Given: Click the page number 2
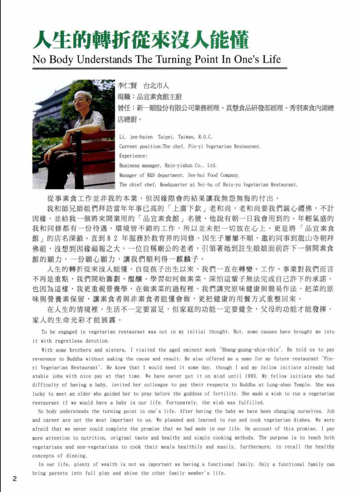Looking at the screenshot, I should [14, 478].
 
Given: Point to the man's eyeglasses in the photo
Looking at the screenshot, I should [82, 100].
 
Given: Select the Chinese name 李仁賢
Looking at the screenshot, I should [127, 86].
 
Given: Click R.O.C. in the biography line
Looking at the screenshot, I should [206, 137].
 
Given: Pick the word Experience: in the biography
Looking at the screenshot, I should [133, 156].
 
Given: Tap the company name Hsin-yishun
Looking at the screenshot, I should [178, 166].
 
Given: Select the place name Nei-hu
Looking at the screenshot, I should [205, 185].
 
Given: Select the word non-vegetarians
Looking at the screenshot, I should [94, 447].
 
